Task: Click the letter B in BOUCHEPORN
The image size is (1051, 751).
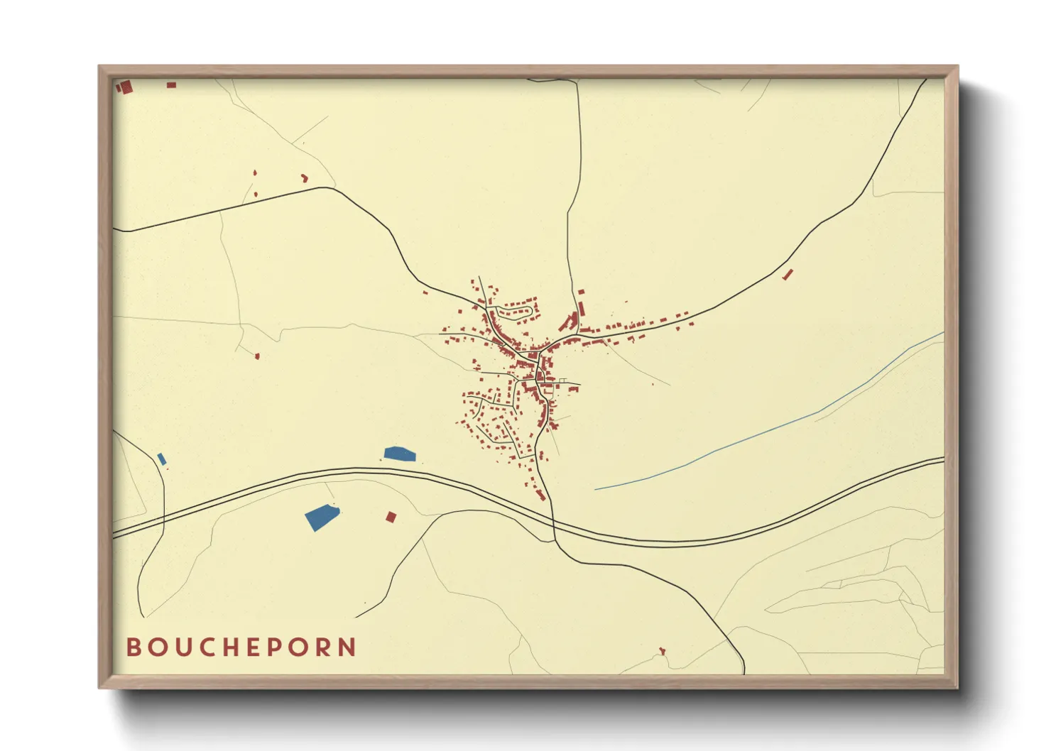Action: [133, 647]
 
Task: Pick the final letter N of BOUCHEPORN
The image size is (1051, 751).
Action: [347, 647]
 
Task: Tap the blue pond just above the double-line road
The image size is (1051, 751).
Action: [399, 454]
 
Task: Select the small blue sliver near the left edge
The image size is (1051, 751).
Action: [162, 459]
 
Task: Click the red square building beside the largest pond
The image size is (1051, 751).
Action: [390, 517]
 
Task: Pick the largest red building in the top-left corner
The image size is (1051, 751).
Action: [126, 87]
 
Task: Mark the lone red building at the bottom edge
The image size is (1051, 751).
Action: [663, 650]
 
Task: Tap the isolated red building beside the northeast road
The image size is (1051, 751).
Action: [787, 274]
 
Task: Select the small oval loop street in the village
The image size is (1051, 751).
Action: [514, 311]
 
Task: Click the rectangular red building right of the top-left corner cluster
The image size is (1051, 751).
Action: [171, 85]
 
